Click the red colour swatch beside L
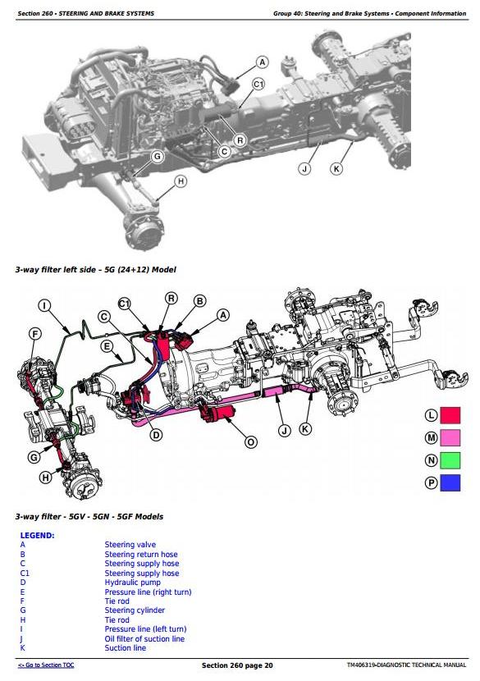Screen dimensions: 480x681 click(450, 415)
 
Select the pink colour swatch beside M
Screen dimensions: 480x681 click(450, 438)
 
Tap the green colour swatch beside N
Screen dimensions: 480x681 click(450, 460)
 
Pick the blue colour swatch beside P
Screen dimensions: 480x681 click(450, 483)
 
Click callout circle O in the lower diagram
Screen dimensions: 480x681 click(250, 442)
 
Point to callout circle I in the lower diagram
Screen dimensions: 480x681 click(44, 306)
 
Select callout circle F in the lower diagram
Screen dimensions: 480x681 click(34, 334)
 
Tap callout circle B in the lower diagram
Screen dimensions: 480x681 click(199, 301)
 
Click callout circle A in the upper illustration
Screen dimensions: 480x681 click(262, 62)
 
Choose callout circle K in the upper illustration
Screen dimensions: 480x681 click(336, 168)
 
